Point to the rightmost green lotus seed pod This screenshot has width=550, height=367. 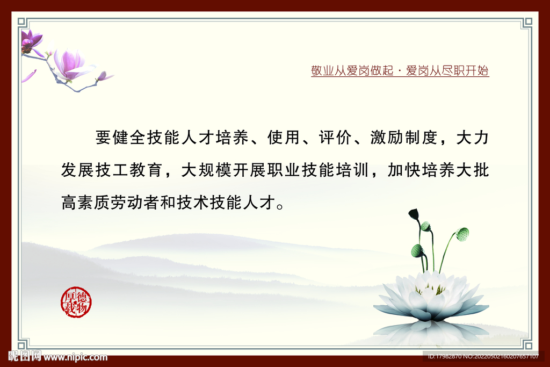click(x=462, y=234)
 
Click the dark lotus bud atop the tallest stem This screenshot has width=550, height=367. click(x=414, y=214)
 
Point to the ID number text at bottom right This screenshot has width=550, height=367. click(x=483, y=356)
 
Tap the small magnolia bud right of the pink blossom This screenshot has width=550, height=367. click(x=104, y=76)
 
